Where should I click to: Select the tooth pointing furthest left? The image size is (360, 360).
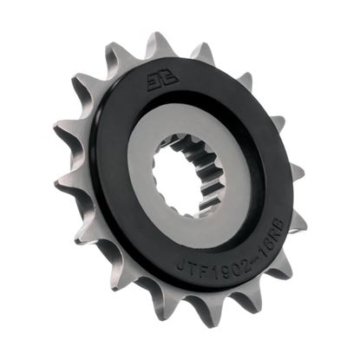point(61,184)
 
